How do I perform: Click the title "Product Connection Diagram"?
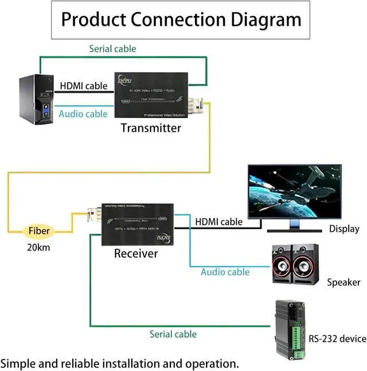pos(181,19)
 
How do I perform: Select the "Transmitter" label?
pos(151,127)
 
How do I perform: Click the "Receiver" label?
pos(135,253)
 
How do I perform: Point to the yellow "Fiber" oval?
pos(40,232)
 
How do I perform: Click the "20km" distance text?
pos(39,248)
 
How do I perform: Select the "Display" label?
pos(344,229)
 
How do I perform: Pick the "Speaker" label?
pos(343,282)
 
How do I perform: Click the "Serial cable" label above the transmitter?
pos(112,49)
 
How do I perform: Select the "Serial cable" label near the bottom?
pos(173,334)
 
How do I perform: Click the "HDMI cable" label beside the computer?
pos(84,86)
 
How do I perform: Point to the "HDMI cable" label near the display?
pos(218,221)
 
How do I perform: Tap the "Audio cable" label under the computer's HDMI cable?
pos(83,114)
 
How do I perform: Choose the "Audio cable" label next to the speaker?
pos(225,272)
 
